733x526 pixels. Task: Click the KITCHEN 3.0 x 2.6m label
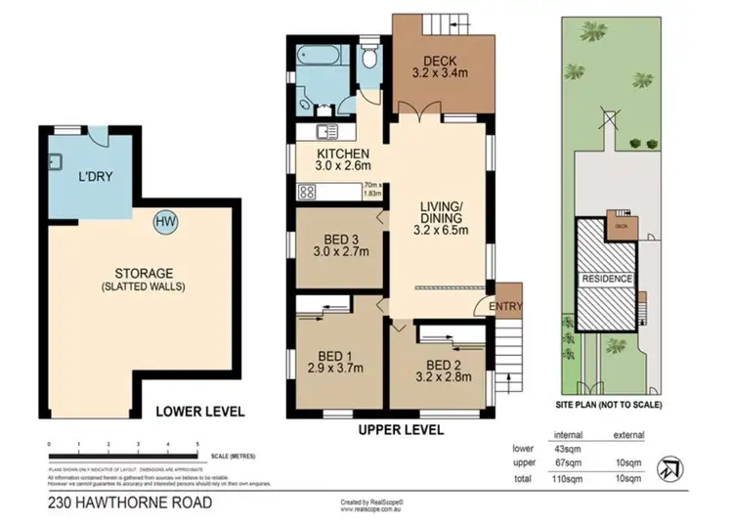pyautogui.click(x=342, y=161)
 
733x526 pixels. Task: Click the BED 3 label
pyautogui.click(x=342, y=244)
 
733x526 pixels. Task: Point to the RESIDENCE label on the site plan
pyautogui.click(x=608, y=279)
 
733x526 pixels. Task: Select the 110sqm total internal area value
pyautogui.click(x=569, y=478)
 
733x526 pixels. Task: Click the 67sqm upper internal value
pyautogui.click(x=569, y=462)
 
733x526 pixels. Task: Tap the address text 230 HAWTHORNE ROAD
pyautogui.click(x=129, y=503)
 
